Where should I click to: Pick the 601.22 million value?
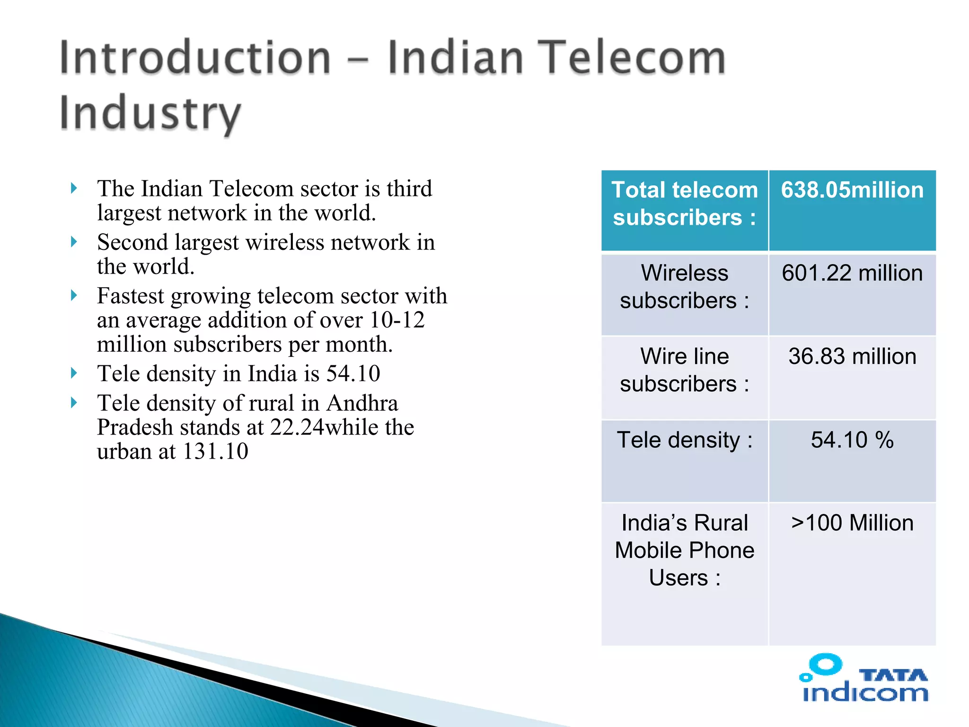pyautogui.click(x=852, y=274)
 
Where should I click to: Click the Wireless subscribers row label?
pyautogui.click(x=684, y=287)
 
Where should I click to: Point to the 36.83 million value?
pyautogui.click(x=852, y=356)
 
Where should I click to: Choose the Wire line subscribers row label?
pyautogui.click(x=684, y=370)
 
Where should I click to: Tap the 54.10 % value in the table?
pyautogui.click(x=852, y=440)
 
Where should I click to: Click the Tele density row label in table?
pyautogui.click(x=684, y=440)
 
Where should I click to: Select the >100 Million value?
pyautogui.click(x=852, y=523)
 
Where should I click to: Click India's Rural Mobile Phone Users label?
pyautogui.click(x=684, y=550)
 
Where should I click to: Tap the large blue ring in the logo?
pyautogui.click(x=826, y=665)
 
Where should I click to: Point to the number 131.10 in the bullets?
pyautogui.click(x=215, y=452)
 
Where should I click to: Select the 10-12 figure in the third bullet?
pyautogui.click(x=397, y=320)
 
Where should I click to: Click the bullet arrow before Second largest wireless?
pyautogui.click(x=74, y=242)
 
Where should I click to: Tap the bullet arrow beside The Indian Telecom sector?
pyautogui.click(x=74, y=188)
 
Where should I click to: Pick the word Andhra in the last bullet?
pyautogui.click(x=362, y=403)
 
